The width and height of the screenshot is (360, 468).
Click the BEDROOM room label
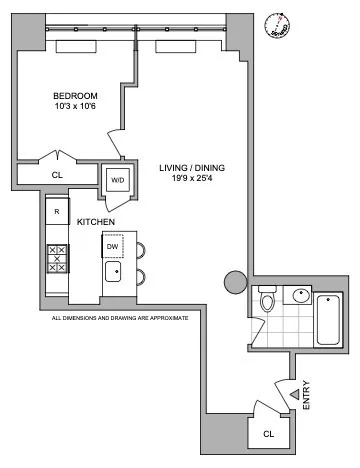pyautogui.click(x=75, y=97)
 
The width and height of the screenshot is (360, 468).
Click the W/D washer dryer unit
pyautogui.click(x=118, y=180)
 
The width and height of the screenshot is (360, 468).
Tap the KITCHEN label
pyautogui.click(x=96, y=221)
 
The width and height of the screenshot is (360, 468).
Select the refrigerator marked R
pyautogui.click(x=56, y=212)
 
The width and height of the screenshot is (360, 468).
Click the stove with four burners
pyautogui.click(x=57, y=259)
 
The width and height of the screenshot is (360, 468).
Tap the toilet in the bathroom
pyautogui.click(x=266, y=301)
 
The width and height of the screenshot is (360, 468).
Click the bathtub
pyautogui.click(x=329, y=317)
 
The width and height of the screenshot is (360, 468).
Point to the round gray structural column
pyautogui.click(x=235, y=283)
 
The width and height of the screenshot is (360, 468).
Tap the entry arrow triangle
pyautogui.click(x=293, y=396)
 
